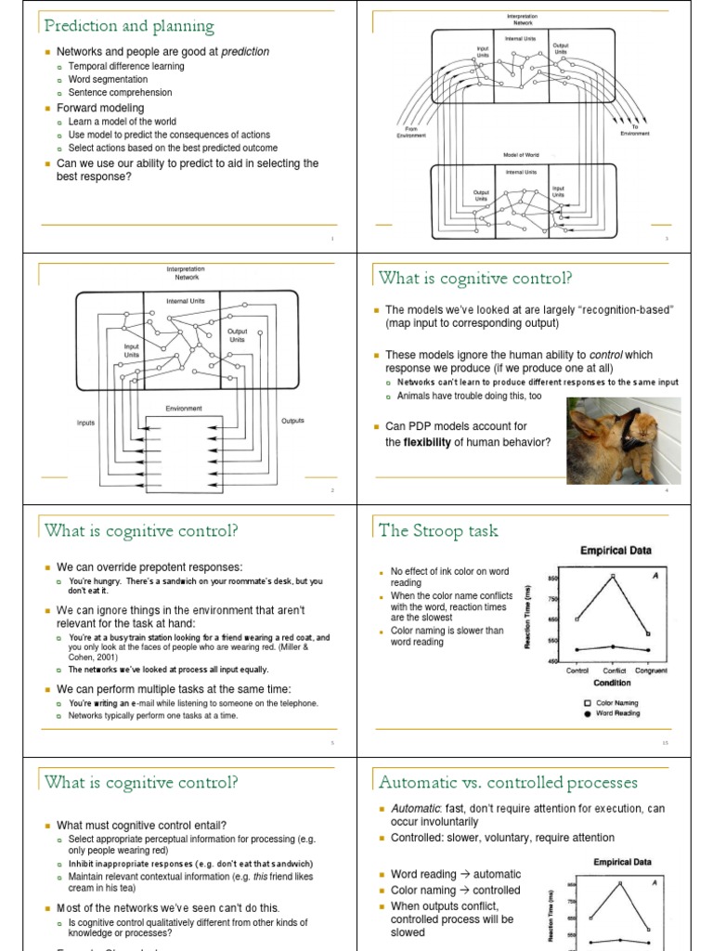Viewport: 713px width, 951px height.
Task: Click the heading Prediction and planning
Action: point(129,26)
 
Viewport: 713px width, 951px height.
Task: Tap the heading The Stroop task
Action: point(438,530)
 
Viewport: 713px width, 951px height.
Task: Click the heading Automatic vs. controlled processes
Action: point(508,782)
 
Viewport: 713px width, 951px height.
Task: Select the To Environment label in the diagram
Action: point(635,131)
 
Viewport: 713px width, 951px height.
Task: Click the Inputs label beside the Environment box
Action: point(85,423)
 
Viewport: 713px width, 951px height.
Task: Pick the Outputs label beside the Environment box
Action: point(292,421)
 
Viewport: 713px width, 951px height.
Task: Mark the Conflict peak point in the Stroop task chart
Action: point(613,577)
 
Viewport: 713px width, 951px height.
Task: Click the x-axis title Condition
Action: point(612,683)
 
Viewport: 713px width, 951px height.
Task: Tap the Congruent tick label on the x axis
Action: point(651,671)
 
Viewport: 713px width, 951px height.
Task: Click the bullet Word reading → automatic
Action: point(456,874)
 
